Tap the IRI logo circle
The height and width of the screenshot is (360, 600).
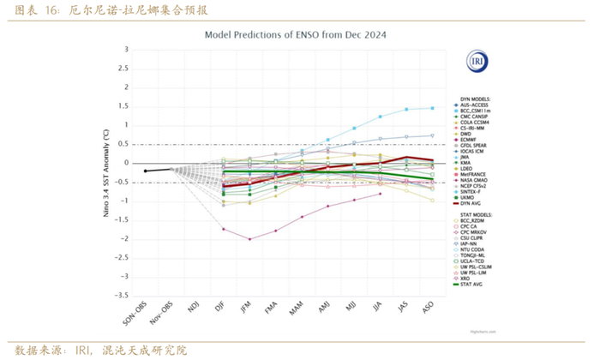point(476,62)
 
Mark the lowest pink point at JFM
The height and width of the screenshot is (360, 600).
point(249,239)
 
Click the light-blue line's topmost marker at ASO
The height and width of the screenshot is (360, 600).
point(431,108)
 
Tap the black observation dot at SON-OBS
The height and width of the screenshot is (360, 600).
point(146,171)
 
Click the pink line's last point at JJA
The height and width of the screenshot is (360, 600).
point(380,194)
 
